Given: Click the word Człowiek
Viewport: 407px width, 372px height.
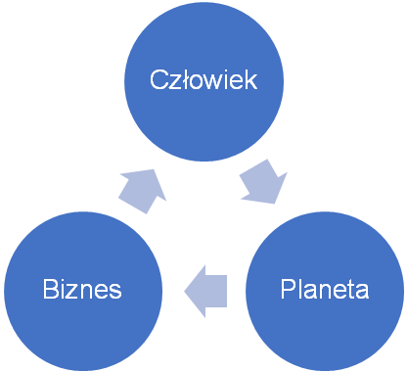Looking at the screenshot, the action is [x=203, y=79].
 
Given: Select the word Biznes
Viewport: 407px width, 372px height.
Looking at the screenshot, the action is [x=82, y=289].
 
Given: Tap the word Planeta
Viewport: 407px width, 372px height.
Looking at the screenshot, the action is [x=325, y=289].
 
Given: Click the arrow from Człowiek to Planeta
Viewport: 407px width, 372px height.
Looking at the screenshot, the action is [x=263, y=182].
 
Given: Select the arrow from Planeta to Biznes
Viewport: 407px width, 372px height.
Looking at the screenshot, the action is [x=205, y=291].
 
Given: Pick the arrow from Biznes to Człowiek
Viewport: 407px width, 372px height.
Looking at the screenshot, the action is [x=142, y=192].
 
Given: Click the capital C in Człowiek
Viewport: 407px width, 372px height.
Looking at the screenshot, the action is [x=158, y=79].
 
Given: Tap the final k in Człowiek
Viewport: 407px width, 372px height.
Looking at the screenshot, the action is [x=250, y=79].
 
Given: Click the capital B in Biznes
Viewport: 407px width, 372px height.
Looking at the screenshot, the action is [x=51, y=289].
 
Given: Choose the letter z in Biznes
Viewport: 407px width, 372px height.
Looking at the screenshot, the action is [x=75, y=292].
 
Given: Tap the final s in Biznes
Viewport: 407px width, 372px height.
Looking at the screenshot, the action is [x=115, y=292].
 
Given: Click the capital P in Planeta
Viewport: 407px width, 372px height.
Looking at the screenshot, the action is [x=289, y=289].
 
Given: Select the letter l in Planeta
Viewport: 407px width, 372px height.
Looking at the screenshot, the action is [x=300, y=289].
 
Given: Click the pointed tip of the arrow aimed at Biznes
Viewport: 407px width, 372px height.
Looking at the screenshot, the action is [x=184, y=291].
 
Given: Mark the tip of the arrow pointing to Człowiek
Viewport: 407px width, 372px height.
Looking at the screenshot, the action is [x=154, y=169].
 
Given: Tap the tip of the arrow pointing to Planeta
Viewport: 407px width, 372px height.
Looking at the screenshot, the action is [x=275, y=204].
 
